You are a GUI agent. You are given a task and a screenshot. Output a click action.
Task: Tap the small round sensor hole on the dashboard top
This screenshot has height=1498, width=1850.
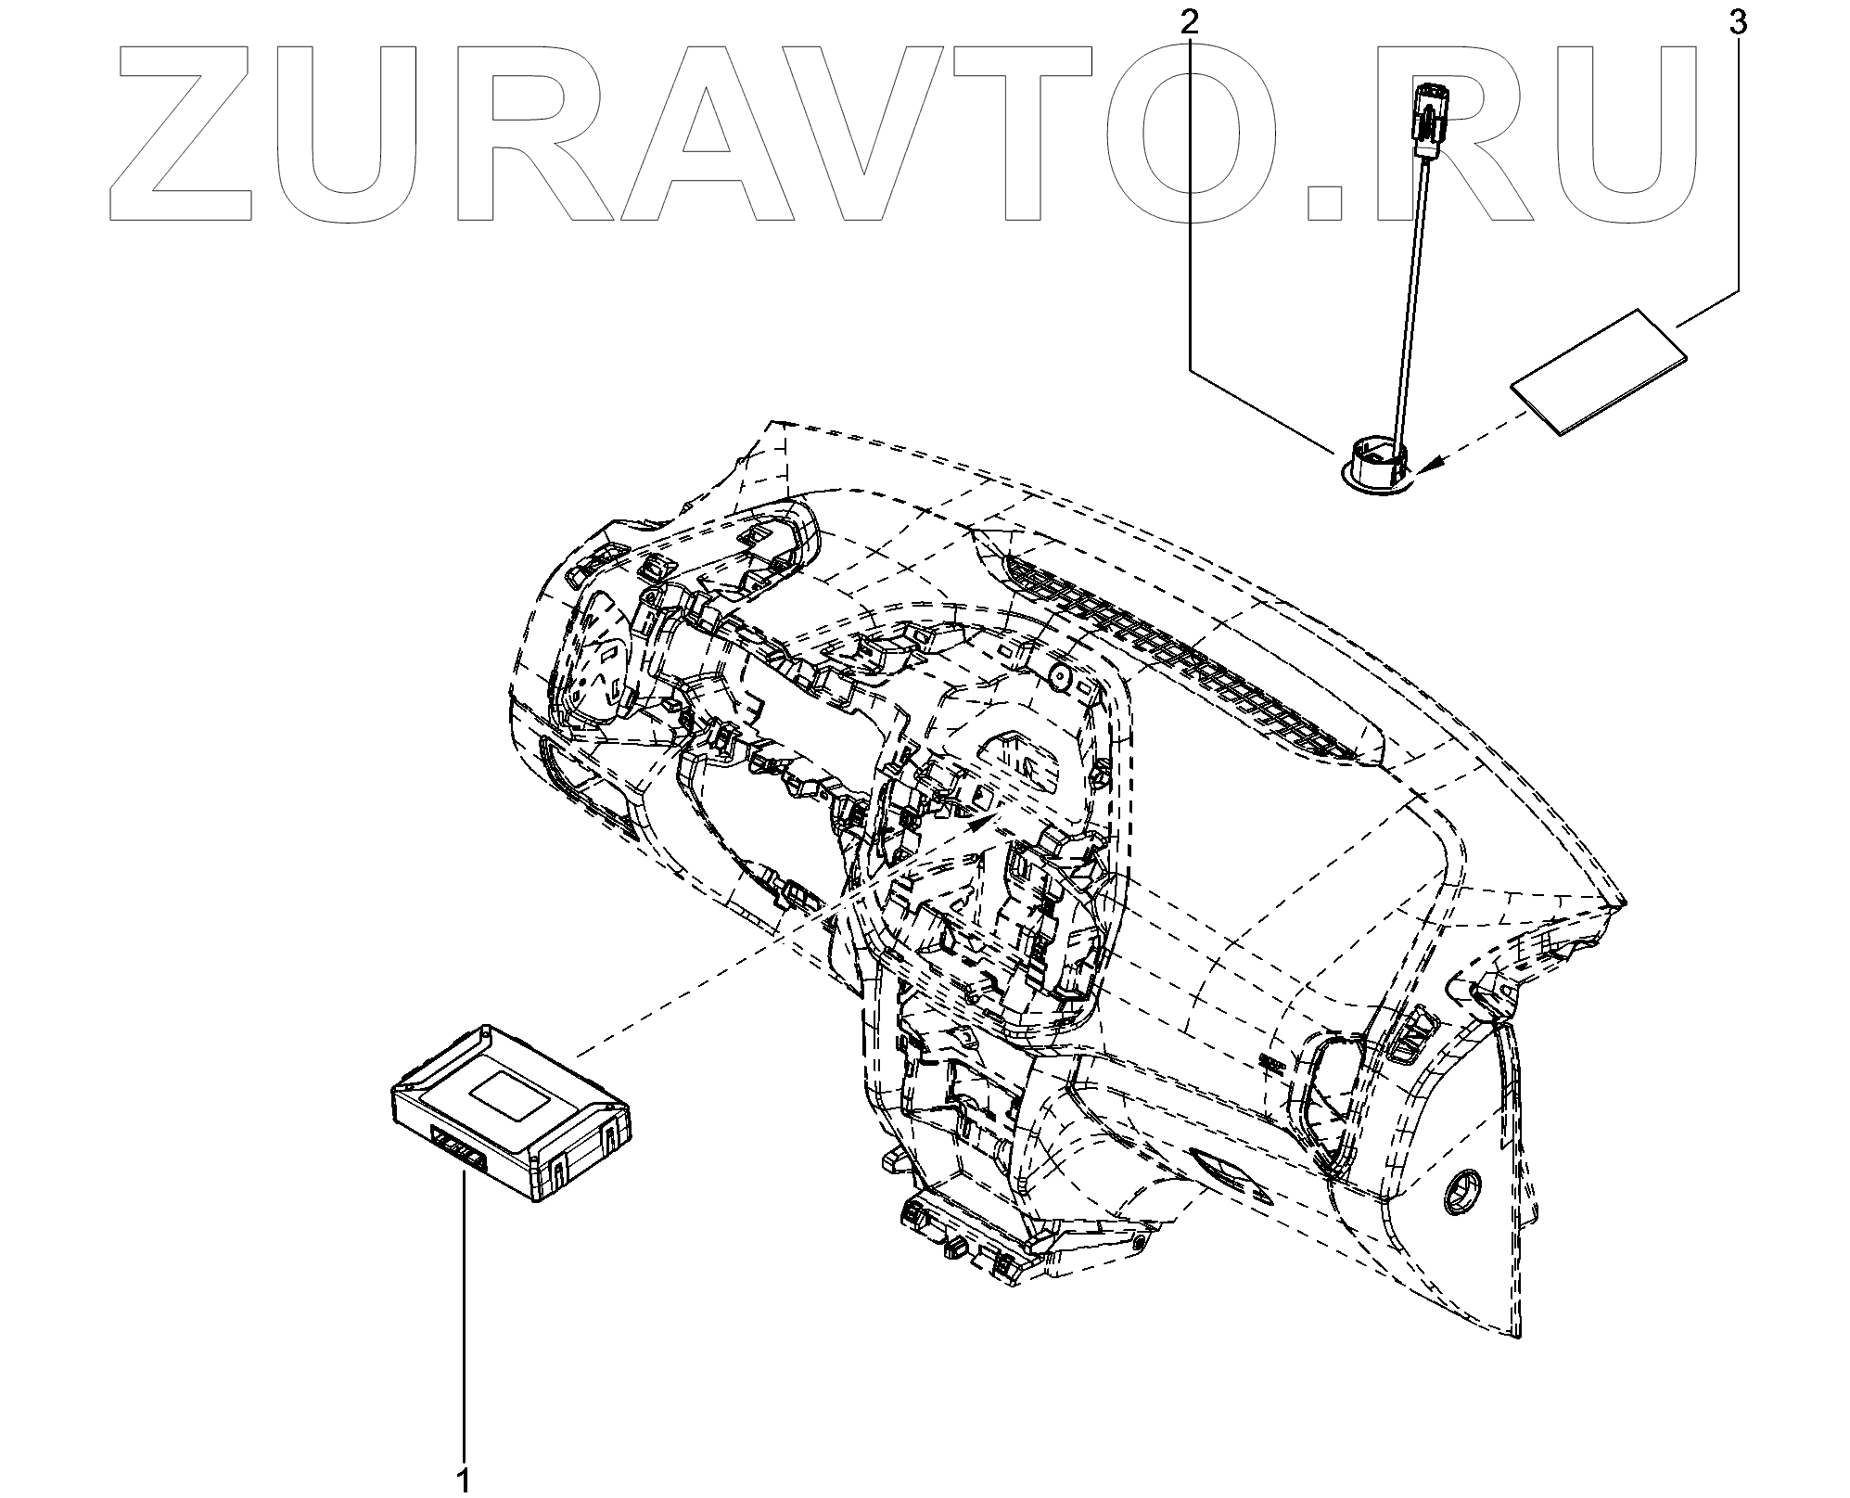pyautogui.click(x=1056, y=679)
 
